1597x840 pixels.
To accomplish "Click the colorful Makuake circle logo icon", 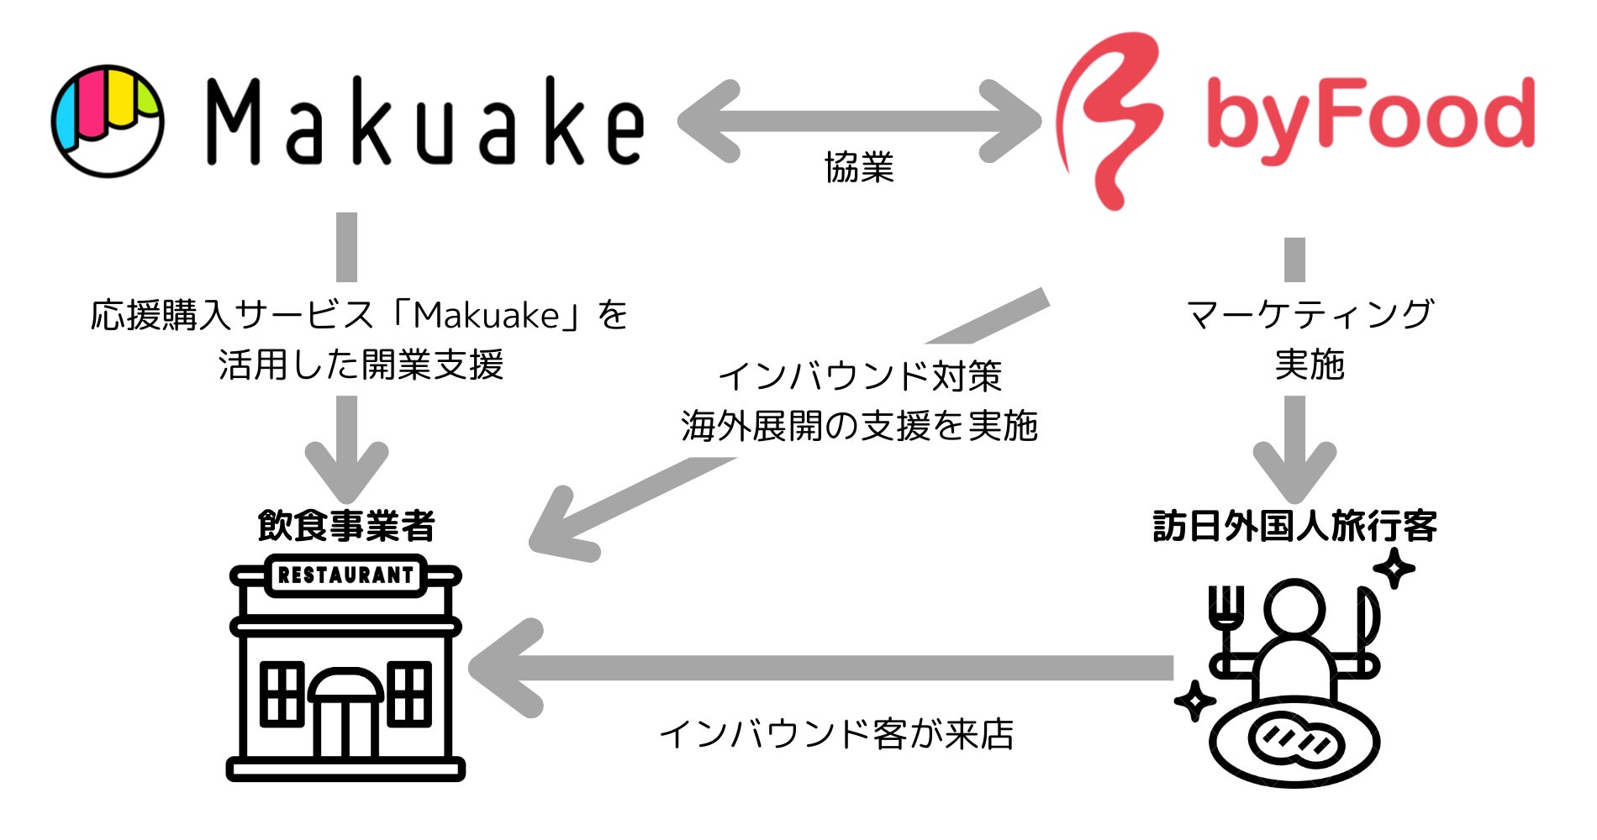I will pyautogui.click(x=108, y=121).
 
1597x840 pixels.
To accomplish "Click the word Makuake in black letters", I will pyautogui.click(x=425, y=122).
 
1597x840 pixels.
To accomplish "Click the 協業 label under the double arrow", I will pyautogui.click(x=859, y=168).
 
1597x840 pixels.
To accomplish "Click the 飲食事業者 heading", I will pyautogui.click(x=346, y=527).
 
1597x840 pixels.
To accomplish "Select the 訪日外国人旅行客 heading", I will pyautogui.click(x=1294, y=527).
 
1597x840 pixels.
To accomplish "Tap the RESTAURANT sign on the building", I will pyautogui.click(x=345, y=575).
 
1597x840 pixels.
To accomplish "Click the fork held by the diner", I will pyautogui.click(x=1226, y=613).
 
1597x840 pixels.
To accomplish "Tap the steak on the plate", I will pyautogui.click(x=1294, y=742).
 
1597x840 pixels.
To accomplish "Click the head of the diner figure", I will pyautogui.click(x=1294, y=609).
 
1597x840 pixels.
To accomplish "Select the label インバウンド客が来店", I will pyautogui.click(x=836, y=734).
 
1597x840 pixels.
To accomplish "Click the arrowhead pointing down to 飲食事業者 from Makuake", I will pyautogui.click(x=346, y=470).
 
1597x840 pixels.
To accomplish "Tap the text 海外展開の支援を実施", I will pyautogui.click(x=859, y=426).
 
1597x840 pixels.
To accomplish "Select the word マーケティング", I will pyautogui.click(x=1309, y=314).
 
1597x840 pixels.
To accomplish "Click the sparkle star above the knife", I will pyautogui.click(x=1394, y=569).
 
